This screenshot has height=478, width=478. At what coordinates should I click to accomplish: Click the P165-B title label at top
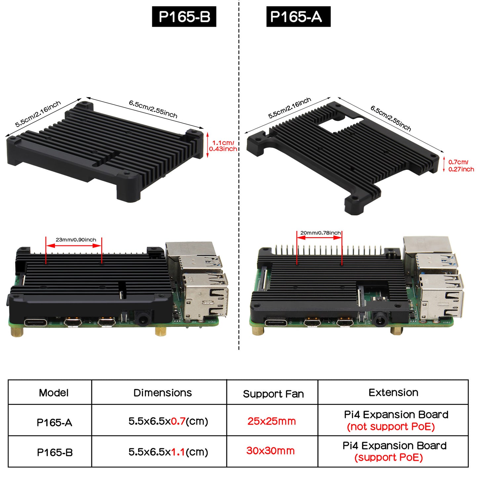[x=184, y=17]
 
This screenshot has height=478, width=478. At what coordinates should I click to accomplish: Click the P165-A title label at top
[x=298, y=17]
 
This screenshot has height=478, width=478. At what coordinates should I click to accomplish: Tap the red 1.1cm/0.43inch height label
[x=223, y=146]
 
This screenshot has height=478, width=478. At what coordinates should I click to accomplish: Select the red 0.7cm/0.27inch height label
[x=461, y=166]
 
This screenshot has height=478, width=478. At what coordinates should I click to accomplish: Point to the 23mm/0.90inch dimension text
[x=76, y=239]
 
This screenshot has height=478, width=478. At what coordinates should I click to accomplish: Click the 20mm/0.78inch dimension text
[x=321, y=233]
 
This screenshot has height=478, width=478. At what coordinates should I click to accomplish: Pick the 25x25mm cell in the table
[x=272, y=421]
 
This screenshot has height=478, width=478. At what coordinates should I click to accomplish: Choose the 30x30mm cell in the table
[x=270, y=451]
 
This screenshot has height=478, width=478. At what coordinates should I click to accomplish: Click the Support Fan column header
[x=273, y=394]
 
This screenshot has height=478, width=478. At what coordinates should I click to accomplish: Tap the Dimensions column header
[x=162, y=393]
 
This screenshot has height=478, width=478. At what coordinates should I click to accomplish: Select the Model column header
[x=54, y=393]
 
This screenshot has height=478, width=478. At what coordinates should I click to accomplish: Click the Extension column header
[x=393, y=392]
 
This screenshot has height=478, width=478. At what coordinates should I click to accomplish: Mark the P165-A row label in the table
[x=54, y=423]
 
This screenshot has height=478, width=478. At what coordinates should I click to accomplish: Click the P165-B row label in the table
[x=55, y=453]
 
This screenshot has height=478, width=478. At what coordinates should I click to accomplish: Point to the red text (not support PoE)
[x=391, y=427]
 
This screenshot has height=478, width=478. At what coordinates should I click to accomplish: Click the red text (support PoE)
[x=388, y=457]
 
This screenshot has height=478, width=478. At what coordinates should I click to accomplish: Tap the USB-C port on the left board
[x=35, y=323]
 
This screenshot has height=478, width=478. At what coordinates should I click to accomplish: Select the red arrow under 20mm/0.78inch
[x=320, y=238]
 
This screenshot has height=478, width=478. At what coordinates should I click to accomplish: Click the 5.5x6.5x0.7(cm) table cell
[x=168, y=421]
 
